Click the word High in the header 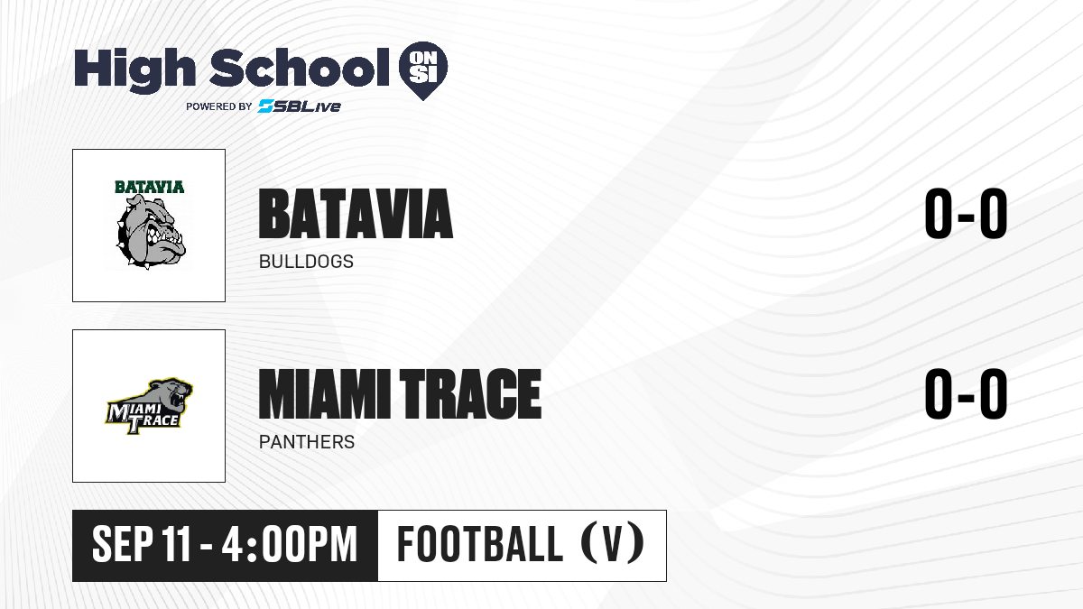coord(134,69)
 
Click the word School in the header coord(300,68)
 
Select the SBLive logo coord(299,106)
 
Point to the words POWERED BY coord(219,106)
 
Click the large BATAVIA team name coord(356,214)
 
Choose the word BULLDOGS coord(306,262)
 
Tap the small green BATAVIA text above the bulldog coord(150,187)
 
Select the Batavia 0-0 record coord(966,214)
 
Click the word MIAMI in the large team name coord(324,394)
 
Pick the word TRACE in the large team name coord(470,394)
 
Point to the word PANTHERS coord(307,442)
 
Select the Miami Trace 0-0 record coord(966,394)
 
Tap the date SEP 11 coord(142,545)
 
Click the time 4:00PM coord(289,545)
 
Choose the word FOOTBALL coord(479,544)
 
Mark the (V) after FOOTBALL coord(612,544)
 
